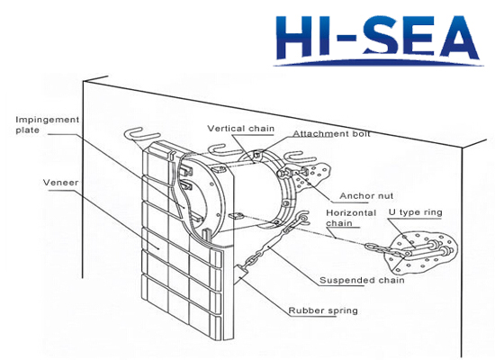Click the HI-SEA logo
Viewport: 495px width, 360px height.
pyautogui.click(x=378, y=40)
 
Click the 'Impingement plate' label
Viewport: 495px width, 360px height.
pyautogui.click(x=48, y=125)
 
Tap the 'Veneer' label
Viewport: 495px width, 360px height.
pyautogui.click(x=60, y=183)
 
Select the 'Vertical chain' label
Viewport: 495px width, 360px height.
pyautogui.click(x=241, y=129)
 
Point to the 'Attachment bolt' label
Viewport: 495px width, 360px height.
pyautogui.click(x=331, y=134)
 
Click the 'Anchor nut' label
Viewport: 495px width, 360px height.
pyautogui.click(x=366, y=196)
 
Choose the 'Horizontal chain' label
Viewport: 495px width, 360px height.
pyautogui.click(x=351, y=218)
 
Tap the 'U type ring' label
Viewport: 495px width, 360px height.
pyautogui.click(x=416, y=212)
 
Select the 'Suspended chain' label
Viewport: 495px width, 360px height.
pyautogui.click(x=362, y=281)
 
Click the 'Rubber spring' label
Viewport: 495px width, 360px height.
pyautogui.click(x=323, y=310)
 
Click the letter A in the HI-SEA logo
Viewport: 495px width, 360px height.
pyautogui.click(x=460, y=38)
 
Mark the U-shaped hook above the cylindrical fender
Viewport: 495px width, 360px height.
pyautogui.click(x=222, y=150)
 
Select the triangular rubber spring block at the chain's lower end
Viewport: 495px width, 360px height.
pyautogui.click(x=242, y=271)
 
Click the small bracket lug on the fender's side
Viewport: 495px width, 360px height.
pyautogui.click(x=235, y=216)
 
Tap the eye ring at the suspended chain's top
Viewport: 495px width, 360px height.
pyautogui.click(x=302, y=217)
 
